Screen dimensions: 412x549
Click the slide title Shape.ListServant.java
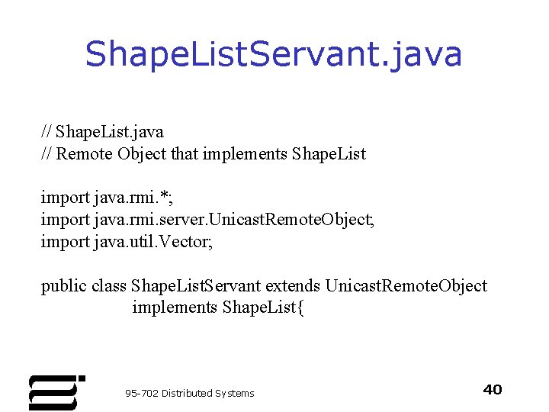(274, 54)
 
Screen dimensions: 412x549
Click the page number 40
(493, 390)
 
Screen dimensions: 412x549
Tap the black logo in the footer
(56, 392)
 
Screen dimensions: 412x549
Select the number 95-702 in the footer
(142, 393)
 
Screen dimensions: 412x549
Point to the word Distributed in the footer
(187, 393)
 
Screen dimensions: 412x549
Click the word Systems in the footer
(235, 393)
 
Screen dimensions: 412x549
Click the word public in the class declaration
(63, 286)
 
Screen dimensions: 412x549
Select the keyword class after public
(109, 286)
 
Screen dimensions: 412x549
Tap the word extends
(293, 286)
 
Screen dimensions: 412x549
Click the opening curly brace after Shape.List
(300, 307)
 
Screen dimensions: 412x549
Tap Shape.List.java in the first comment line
(110, 131)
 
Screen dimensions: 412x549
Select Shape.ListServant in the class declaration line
(196, 286)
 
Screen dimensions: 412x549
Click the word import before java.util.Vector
(65, 242)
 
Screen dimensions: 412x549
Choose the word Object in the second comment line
(142, 153)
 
